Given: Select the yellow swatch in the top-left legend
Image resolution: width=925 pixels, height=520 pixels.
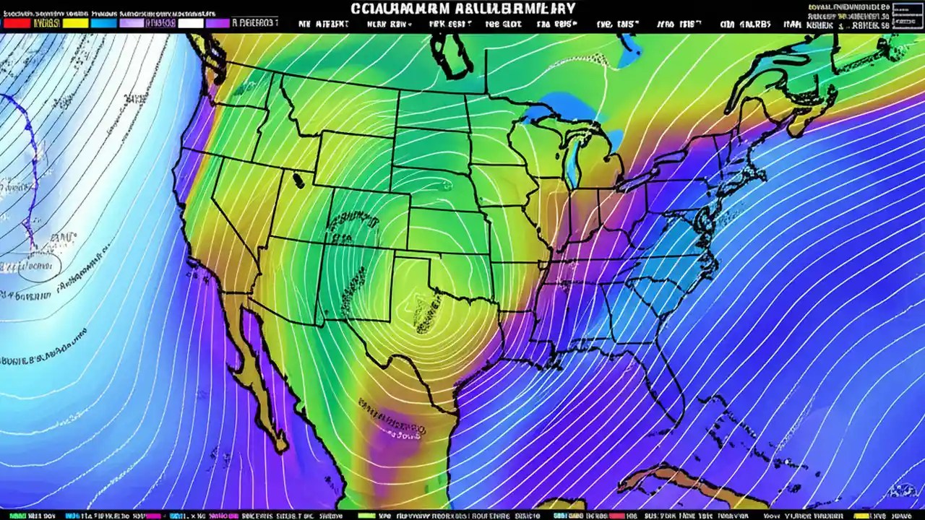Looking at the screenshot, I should click(75, 23).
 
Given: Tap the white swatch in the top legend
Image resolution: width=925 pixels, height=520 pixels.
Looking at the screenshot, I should click(191, 23).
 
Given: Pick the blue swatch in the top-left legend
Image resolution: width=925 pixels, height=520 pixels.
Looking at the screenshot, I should click(104, 23).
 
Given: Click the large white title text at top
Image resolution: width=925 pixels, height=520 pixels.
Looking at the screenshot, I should click(462, 9).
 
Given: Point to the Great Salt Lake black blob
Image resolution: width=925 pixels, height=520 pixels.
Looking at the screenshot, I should click(298, 180).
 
